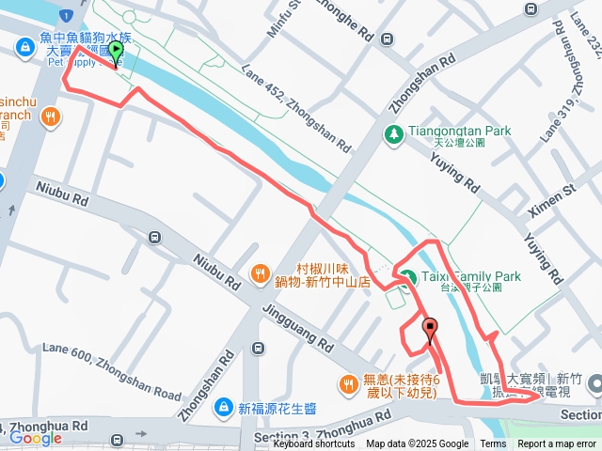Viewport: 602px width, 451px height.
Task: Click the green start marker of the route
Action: pos(115,51)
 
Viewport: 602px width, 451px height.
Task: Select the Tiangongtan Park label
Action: pos(459,132)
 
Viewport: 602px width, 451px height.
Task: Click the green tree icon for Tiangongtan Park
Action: pos(393,134)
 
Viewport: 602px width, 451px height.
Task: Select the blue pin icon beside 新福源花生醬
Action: pos(223,408)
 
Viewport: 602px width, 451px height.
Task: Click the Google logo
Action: pos(36,438)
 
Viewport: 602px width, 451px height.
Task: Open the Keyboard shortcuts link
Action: pos(313,444)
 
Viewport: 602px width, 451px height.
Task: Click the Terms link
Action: pos(493,444)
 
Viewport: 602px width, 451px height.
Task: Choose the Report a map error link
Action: pos(558,444)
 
